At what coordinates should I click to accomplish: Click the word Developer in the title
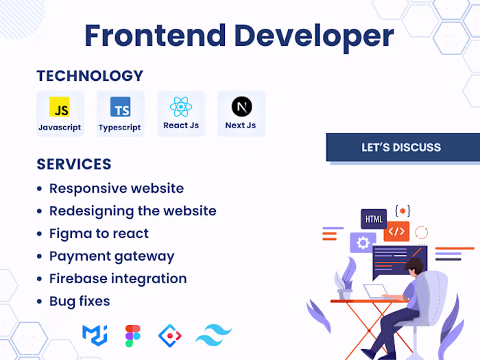315,36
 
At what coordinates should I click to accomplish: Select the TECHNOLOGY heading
90,76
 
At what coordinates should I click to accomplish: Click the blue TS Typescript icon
120,107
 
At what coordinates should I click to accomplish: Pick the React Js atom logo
180,106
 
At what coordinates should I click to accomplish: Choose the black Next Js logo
241,106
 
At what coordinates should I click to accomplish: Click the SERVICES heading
74,165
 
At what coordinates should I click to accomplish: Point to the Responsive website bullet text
117,188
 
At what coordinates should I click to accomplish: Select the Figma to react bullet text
99,233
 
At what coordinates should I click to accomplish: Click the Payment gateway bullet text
112,256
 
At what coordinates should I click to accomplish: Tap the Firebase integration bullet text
118,278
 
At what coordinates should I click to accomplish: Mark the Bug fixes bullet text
80,301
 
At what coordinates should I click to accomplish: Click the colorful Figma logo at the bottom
133,335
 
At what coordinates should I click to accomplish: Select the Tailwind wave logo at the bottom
213,335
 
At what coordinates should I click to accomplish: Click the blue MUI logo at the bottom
95,335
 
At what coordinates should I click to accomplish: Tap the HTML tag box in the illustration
374,219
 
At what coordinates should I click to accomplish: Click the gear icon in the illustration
362,242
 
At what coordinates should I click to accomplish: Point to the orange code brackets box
396,231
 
